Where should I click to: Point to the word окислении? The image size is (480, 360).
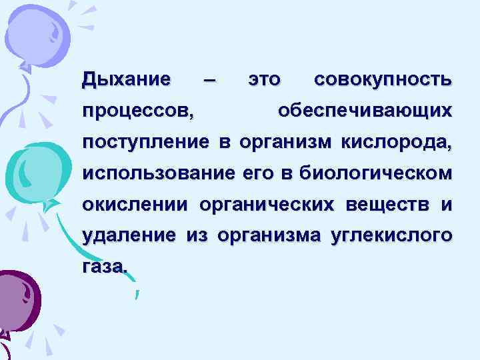[x=137, y=204]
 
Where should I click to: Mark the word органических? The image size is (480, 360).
[x=269, y=204]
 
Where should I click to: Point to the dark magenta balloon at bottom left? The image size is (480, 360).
[x=17, y=300]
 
